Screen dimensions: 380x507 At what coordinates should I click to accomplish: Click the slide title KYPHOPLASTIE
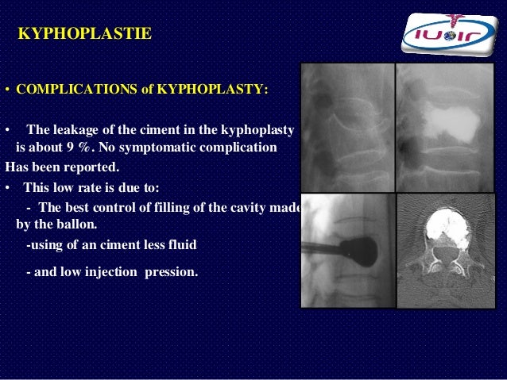click(x=84, y=34)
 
